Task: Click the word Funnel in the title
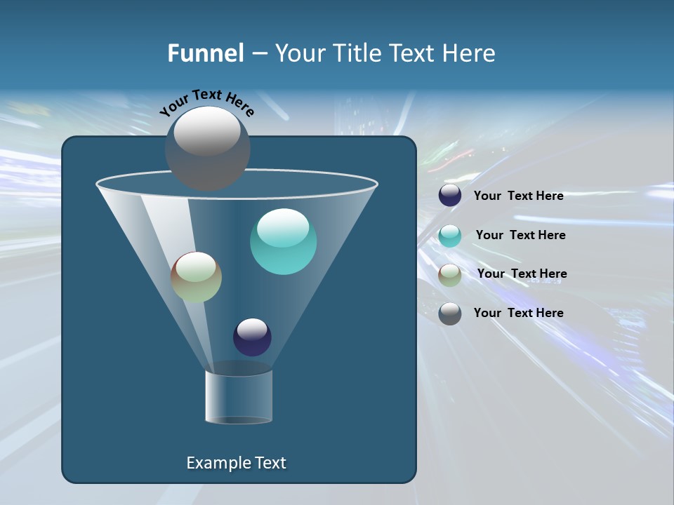(205, 53)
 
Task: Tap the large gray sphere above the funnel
(208, 148)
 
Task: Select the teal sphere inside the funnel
(283, 241)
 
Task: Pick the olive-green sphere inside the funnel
(196, 277)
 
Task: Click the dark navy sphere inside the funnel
(252, 337)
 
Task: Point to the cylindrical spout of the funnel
(239, 397)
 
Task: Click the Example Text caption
(236, 463)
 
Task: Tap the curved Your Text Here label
(206, 102)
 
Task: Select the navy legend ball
(450, 196)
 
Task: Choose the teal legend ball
(450, 236)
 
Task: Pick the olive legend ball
(450, 275)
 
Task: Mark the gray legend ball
(450, 314)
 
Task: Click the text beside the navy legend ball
(518, 196)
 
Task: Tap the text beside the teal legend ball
(520, 236)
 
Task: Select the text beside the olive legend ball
(522, 274)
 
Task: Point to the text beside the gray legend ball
(518, 313)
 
